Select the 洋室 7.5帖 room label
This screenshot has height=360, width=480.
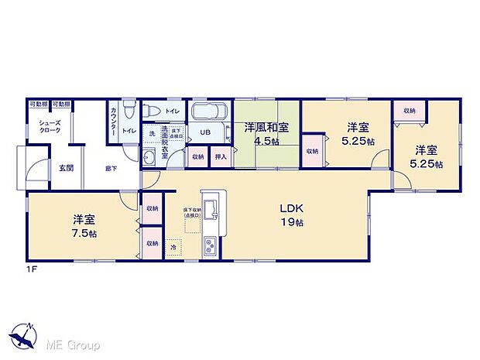pos(80,225)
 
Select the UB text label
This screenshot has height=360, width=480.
pos(205,132)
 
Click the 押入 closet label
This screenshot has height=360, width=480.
pos(220,157)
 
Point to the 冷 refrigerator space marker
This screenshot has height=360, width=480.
pos(173,247)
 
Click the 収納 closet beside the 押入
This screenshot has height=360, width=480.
pos(198,157)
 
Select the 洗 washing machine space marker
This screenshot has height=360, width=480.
pos(152,133)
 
